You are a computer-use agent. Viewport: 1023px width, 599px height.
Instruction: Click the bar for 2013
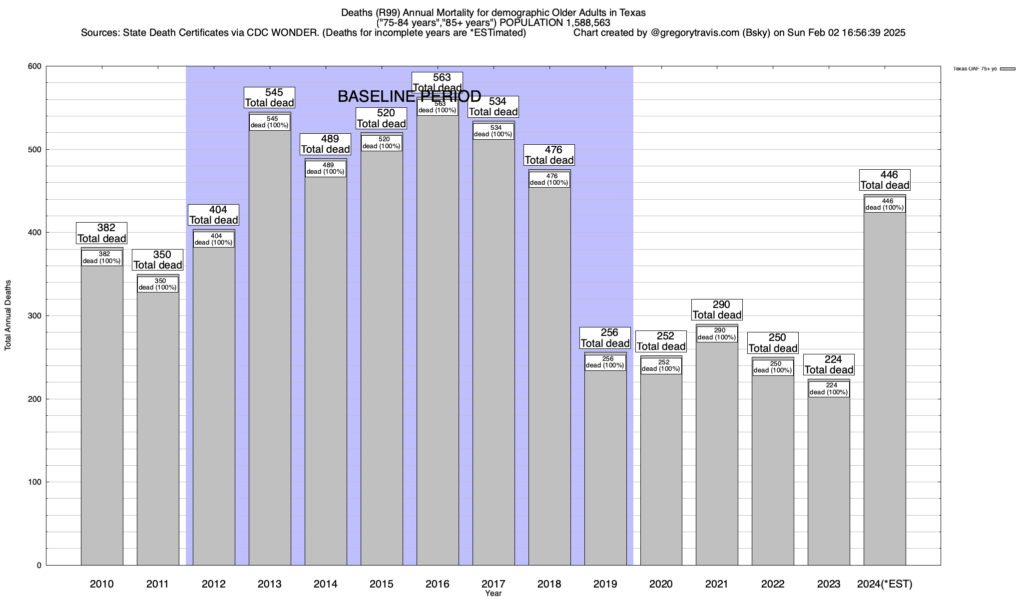(270, 349)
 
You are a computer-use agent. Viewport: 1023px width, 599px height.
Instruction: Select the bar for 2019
(605, 464)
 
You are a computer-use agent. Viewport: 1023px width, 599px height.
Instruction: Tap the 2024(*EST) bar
(885, 389)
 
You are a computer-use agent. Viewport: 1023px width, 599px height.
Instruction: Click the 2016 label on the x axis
(438, 584)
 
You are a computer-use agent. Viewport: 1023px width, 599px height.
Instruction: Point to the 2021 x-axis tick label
(717, 584)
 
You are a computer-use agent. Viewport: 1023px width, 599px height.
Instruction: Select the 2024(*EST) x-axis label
(885, 584)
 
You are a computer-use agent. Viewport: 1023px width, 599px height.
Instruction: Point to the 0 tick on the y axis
(38, 566)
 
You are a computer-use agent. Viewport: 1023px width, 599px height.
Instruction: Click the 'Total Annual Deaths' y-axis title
(8, 315)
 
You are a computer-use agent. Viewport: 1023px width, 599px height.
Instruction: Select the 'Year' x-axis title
(493, 594)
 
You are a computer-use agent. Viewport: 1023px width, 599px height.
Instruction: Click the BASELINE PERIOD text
(409, 96)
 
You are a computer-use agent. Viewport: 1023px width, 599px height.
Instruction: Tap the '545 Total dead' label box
(269, 97)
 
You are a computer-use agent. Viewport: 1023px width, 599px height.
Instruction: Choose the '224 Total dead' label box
(829, 364)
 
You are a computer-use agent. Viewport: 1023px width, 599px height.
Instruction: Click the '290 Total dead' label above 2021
(717, 309)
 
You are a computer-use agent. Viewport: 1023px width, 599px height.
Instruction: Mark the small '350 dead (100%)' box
(158, 284)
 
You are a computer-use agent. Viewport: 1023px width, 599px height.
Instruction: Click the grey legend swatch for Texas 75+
(1008, 69)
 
